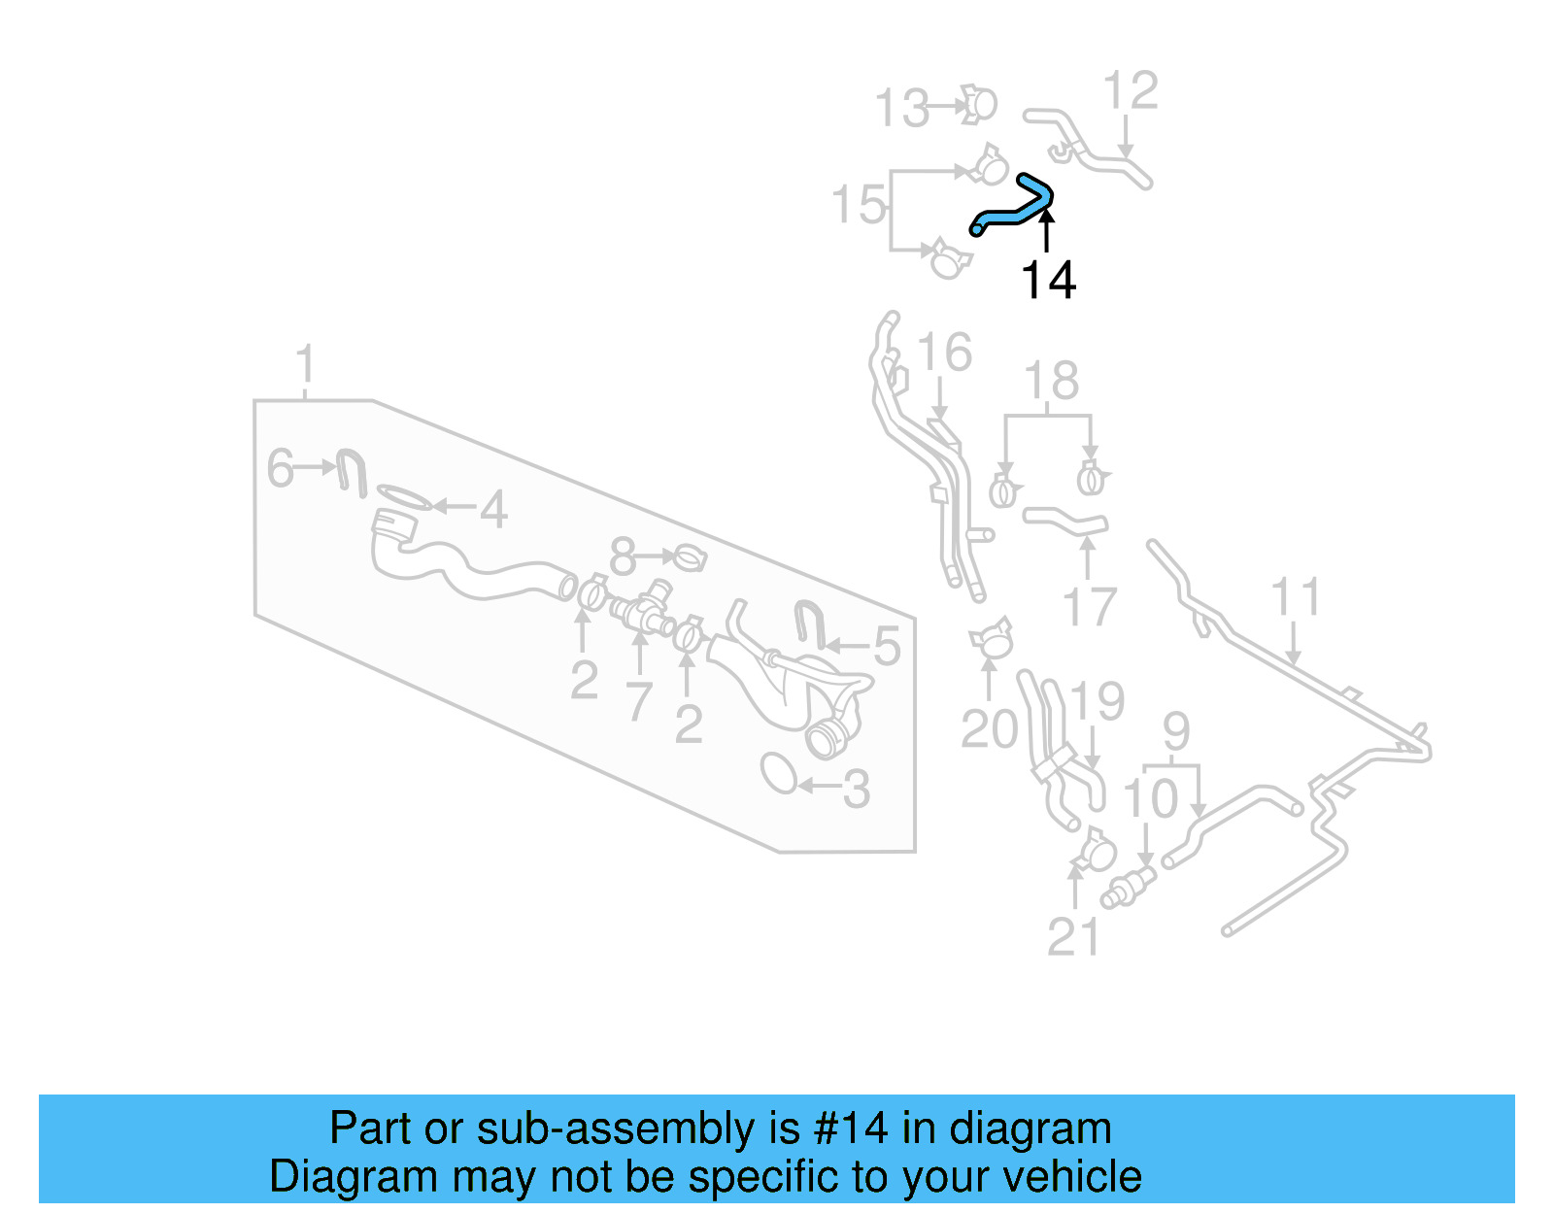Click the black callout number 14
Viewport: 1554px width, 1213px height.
coord(1048,281)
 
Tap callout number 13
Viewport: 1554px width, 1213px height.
coord(902,108)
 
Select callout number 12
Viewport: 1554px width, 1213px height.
coord(1131,91)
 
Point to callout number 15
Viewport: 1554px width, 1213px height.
coord(859,206)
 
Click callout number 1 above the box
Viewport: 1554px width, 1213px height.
coord(305,364)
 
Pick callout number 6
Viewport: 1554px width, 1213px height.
coord(280,468)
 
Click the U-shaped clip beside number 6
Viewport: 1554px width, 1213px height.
coord(351,471)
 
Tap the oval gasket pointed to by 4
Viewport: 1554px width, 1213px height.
coord(403,497)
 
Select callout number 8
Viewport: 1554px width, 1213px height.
coord(623,557)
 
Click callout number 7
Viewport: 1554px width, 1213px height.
coord(638,701)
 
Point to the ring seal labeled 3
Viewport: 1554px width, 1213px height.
coord(779,774)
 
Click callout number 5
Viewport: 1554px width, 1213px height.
coord(887,647)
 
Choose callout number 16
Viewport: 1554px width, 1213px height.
coord(944,353)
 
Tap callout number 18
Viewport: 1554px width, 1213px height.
coord(1051,381)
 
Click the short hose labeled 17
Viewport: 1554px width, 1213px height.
coord(1064,522)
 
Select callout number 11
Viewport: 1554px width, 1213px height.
coord(1296,597)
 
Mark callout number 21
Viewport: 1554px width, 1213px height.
coord(1073,937)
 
